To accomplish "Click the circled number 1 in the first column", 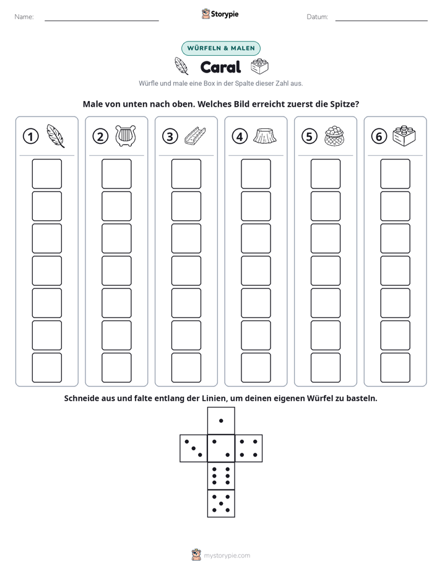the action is point(30,136).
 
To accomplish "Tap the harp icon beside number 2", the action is point(126,136).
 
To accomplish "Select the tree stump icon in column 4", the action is point(265,136).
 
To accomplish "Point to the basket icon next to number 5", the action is point(334,136).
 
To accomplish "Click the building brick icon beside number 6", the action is point(404,136).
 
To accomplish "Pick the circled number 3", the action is point(170,136).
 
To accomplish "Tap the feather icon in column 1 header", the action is point(56,136).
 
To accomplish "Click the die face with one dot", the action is point(221,421).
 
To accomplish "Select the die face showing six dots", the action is point(221,476).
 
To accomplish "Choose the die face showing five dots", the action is point(221,504).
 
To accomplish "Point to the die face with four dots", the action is point(249,448).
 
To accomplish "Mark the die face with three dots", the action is point(194,448).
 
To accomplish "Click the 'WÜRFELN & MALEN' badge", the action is point(221,48).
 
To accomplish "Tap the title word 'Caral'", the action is point(220,67).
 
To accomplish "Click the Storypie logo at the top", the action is point(220,14).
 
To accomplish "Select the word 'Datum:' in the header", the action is point(318,17).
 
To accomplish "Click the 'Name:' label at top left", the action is point(24,17).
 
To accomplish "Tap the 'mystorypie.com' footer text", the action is point(227,556).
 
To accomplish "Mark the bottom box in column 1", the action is point(46,368).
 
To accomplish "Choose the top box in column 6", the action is point(396,174).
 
